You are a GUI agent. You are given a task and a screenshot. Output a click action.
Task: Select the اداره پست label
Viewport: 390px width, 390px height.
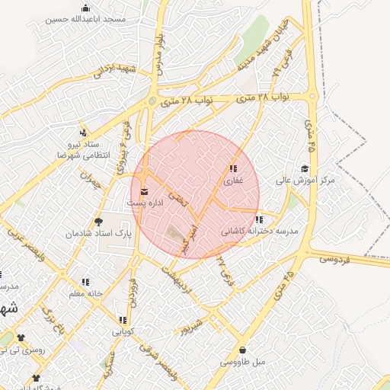[x=145, y=205]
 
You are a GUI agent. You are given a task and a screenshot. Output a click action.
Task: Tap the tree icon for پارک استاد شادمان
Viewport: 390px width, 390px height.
[x=98, y=222]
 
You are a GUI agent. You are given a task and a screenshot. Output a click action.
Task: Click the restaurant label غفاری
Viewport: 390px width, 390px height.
[x=232, y=181]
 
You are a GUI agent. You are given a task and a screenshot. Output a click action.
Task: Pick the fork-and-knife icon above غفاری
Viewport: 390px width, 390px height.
[x=232, y=169]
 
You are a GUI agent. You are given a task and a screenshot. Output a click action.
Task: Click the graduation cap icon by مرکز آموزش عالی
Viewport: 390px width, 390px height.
[x=305, y=169]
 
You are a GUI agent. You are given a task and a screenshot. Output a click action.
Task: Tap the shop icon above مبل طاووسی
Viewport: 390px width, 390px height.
[x=242, y=350]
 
